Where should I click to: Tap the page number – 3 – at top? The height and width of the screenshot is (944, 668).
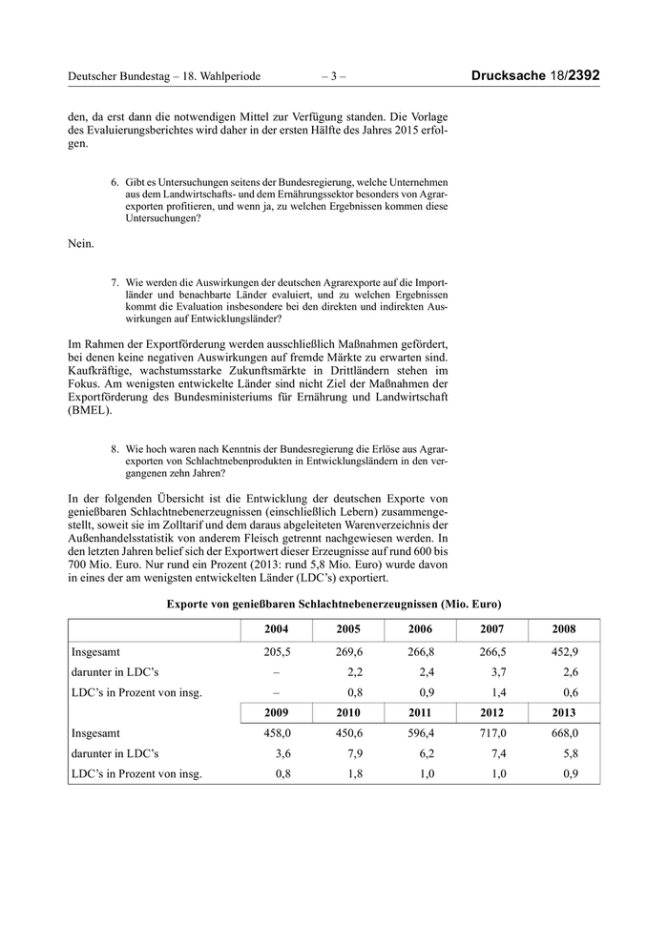tap(334, 75)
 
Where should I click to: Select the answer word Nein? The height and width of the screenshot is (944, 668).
tap(81, 244)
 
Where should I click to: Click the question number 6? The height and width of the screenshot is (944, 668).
tap(115, 181)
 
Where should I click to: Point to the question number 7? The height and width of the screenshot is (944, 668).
tap(115, 283)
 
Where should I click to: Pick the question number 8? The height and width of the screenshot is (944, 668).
tap(115, 446)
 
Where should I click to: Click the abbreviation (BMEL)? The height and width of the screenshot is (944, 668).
tap(91, 412)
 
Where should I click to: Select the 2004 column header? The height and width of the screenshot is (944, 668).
tap(274, 630)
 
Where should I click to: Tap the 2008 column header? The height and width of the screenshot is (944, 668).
tap(564, 630)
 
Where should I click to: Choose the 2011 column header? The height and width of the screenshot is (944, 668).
tap(419, 711)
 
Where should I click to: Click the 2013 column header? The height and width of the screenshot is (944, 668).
tap(564, 711)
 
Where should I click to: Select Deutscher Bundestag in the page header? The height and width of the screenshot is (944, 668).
tap(122, 75)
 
